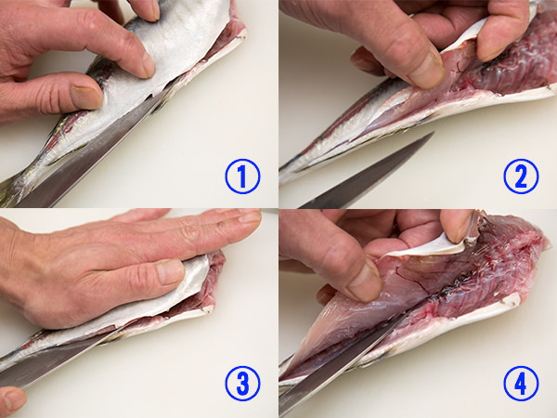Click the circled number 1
[x=242, y=176]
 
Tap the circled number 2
[x=521, y=176]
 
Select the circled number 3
[x=242, y=384]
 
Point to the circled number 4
[x=521, y=384]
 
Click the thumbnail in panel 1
[x=86, y=97]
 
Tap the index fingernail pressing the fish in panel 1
[x=148, y=65]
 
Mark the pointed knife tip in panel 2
[x=433, y=133]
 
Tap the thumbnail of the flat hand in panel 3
[x=170, y=271]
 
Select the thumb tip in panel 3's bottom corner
[x=12, y=399]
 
